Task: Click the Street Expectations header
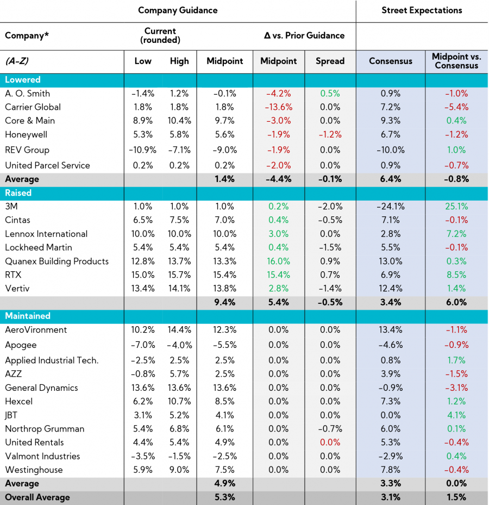(x=422, y=10)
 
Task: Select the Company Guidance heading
(x=178, y=10)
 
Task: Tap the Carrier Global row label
(x=33, y=107)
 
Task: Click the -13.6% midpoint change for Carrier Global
(x=278, y=107)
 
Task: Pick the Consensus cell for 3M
(x=390, y=207)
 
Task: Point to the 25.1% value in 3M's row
(x=456, y=207)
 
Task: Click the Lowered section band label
(x=23, y=80)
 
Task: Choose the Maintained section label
(x=28, y=316)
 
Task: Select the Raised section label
(x=18, y=193)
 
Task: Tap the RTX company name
(x=13, y=275)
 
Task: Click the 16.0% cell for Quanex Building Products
(x=278, y=261)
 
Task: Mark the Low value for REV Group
(x=143, y=150)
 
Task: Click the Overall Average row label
(x=37, y=497)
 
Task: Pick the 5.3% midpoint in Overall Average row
(x=224, y=497)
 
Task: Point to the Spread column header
(x=330, y=61)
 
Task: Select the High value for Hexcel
(x=179, y=402)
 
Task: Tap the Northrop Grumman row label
(x=45, y=429)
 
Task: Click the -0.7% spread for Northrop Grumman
(x=330, y=429)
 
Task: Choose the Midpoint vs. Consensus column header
(x=456, y=61)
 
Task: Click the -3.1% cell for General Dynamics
(x=456, y=388)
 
